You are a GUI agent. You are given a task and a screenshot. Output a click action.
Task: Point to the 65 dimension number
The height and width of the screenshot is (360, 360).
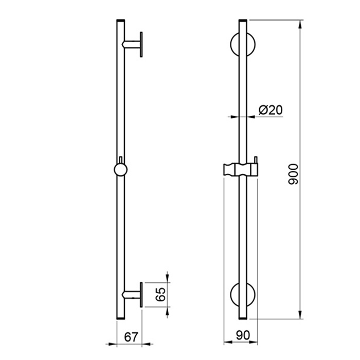click(160, 294)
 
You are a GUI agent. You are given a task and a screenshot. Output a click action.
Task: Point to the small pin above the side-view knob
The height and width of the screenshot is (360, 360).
click(121, 159)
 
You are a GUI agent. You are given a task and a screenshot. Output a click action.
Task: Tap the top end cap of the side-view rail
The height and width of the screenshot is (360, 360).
click(121, 21)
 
